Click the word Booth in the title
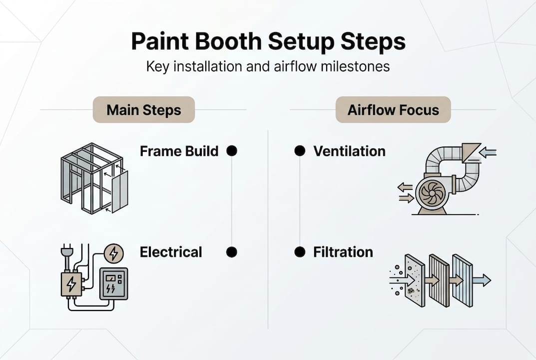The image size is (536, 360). (x=230, y=42)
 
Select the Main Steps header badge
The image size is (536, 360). (x=144, y=110)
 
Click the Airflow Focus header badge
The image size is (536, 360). (x=393, y=110)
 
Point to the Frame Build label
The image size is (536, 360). (x=179, y=151)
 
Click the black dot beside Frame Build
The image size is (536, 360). (x=232, y=151)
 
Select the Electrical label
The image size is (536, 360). (x=171, y=252)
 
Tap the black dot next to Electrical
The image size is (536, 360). (x=232, y=252)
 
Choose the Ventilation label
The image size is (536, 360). (x=349, y=151)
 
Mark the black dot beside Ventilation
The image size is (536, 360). (x=300, y=151)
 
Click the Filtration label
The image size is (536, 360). (x=343, y=252)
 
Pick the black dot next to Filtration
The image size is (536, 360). (x=300, y=252)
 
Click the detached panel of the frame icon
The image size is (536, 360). (x=120, y=191)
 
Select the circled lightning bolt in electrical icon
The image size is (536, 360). (x=114, y=253)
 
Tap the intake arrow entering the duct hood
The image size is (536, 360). (x=488, y=152)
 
